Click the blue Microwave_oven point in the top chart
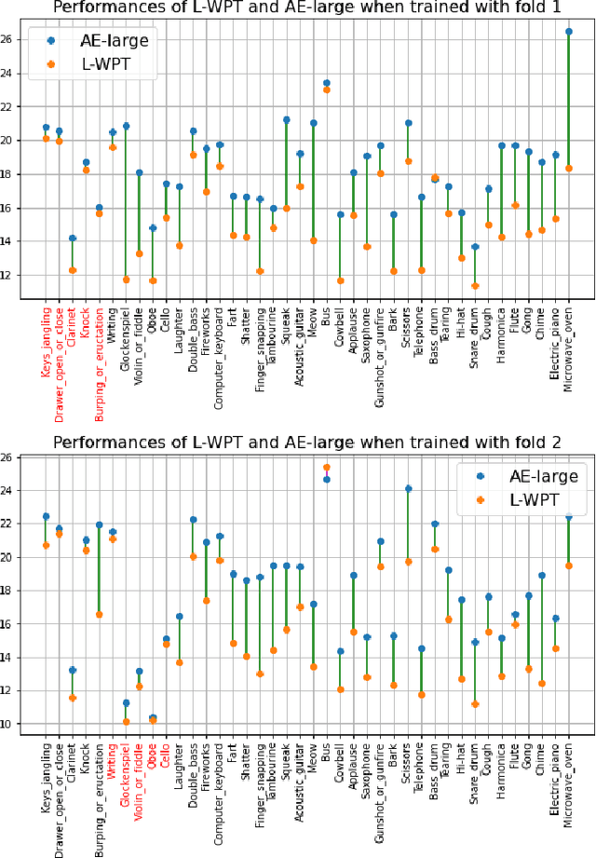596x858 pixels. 568,32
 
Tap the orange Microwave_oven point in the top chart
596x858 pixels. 568,169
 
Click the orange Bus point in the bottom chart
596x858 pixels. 327,467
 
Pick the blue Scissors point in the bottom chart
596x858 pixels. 408,488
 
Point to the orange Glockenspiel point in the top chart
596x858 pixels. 127,279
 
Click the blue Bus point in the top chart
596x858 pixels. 327,83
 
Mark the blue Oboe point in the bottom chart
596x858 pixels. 153,717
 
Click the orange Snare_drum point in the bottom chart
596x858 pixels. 475,704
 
